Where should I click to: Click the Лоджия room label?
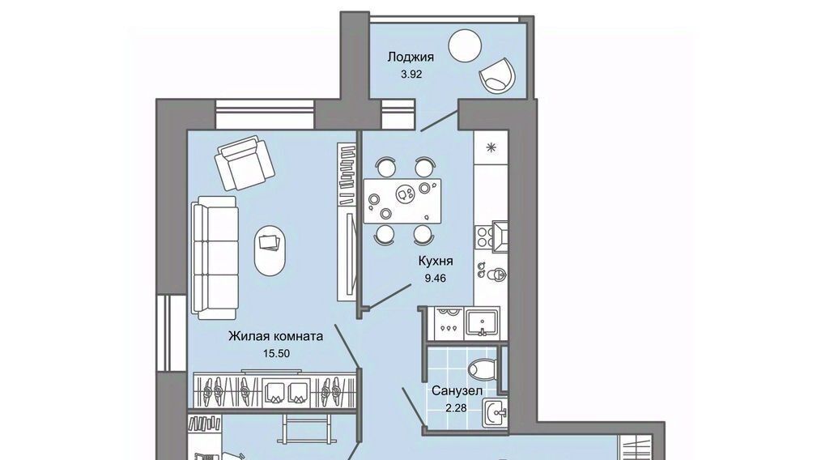point(410,57)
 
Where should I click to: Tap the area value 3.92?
point(411,75)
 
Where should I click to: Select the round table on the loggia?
point(465,45)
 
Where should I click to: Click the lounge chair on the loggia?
point(497,76)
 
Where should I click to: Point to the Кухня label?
point(435,261)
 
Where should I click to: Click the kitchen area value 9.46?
point(435,279)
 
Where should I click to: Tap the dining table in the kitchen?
point(402,201)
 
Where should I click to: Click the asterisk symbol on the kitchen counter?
point(491,147)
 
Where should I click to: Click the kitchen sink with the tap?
point(483,322)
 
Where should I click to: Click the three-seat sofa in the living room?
point(215,258)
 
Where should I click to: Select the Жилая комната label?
point(275,336)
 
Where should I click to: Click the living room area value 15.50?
point(276,354)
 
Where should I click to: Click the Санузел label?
point(457,391)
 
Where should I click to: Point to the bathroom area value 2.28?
point(456,407)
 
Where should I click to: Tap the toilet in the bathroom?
point(483,368)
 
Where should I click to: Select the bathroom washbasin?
point(495,415)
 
